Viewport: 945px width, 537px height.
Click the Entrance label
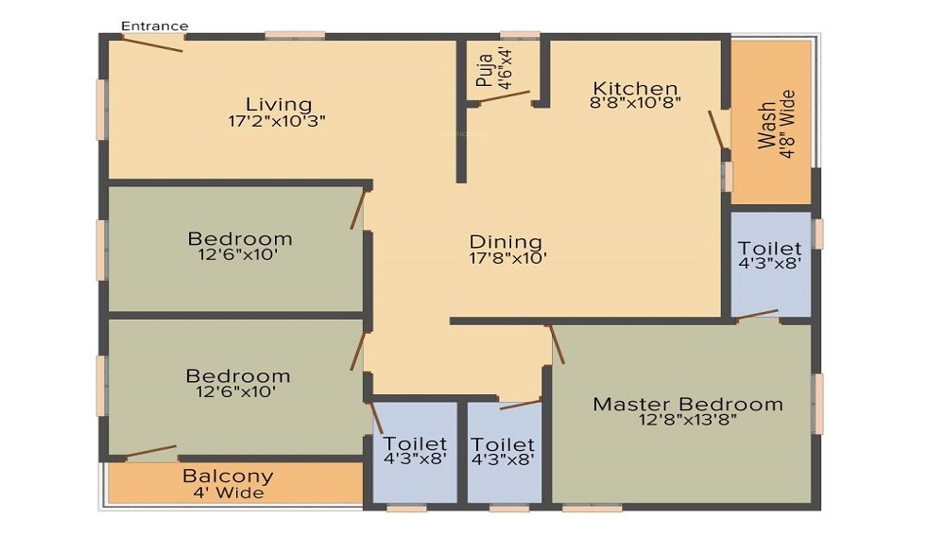coord(155,26)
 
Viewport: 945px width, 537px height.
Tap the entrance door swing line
coord(152,44)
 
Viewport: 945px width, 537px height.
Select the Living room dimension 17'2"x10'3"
coord(277,121)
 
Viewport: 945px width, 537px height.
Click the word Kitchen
coord(635,88)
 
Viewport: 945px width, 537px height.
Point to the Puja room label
coord(484,71)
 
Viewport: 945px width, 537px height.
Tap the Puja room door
coord(505,97)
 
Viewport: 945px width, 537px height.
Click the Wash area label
coord(766,125)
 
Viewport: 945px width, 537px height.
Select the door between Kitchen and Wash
coord(716,130)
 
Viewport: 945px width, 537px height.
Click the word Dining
coord(506,242)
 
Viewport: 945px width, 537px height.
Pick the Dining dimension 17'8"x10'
coord(508,258)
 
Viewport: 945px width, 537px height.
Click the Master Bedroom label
coord(688,404)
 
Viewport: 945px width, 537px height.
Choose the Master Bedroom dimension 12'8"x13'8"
coord(688,420)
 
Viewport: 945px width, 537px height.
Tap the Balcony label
coord(228,476)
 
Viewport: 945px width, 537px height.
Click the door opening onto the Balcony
coord(150,451)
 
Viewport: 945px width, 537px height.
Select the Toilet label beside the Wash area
coord(769,248)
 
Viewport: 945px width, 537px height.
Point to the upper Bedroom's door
coord(358,210)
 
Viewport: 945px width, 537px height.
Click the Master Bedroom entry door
coord(557,345)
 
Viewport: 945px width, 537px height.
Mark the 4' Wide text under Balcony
coord(229,493)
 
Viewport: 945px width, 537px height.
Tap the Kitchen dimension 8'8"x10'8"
coord(635,102)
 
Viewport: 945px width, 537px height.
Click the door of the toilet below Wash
coord(758,314)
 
